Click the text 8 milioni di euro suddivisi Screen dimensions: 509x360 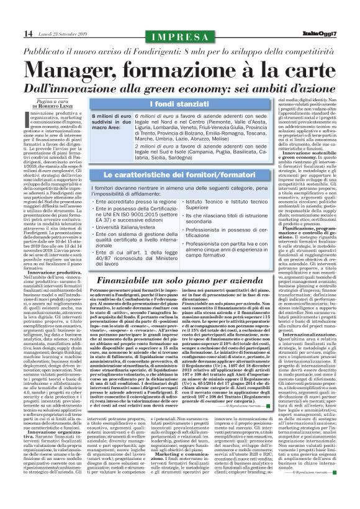point(110,119)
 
